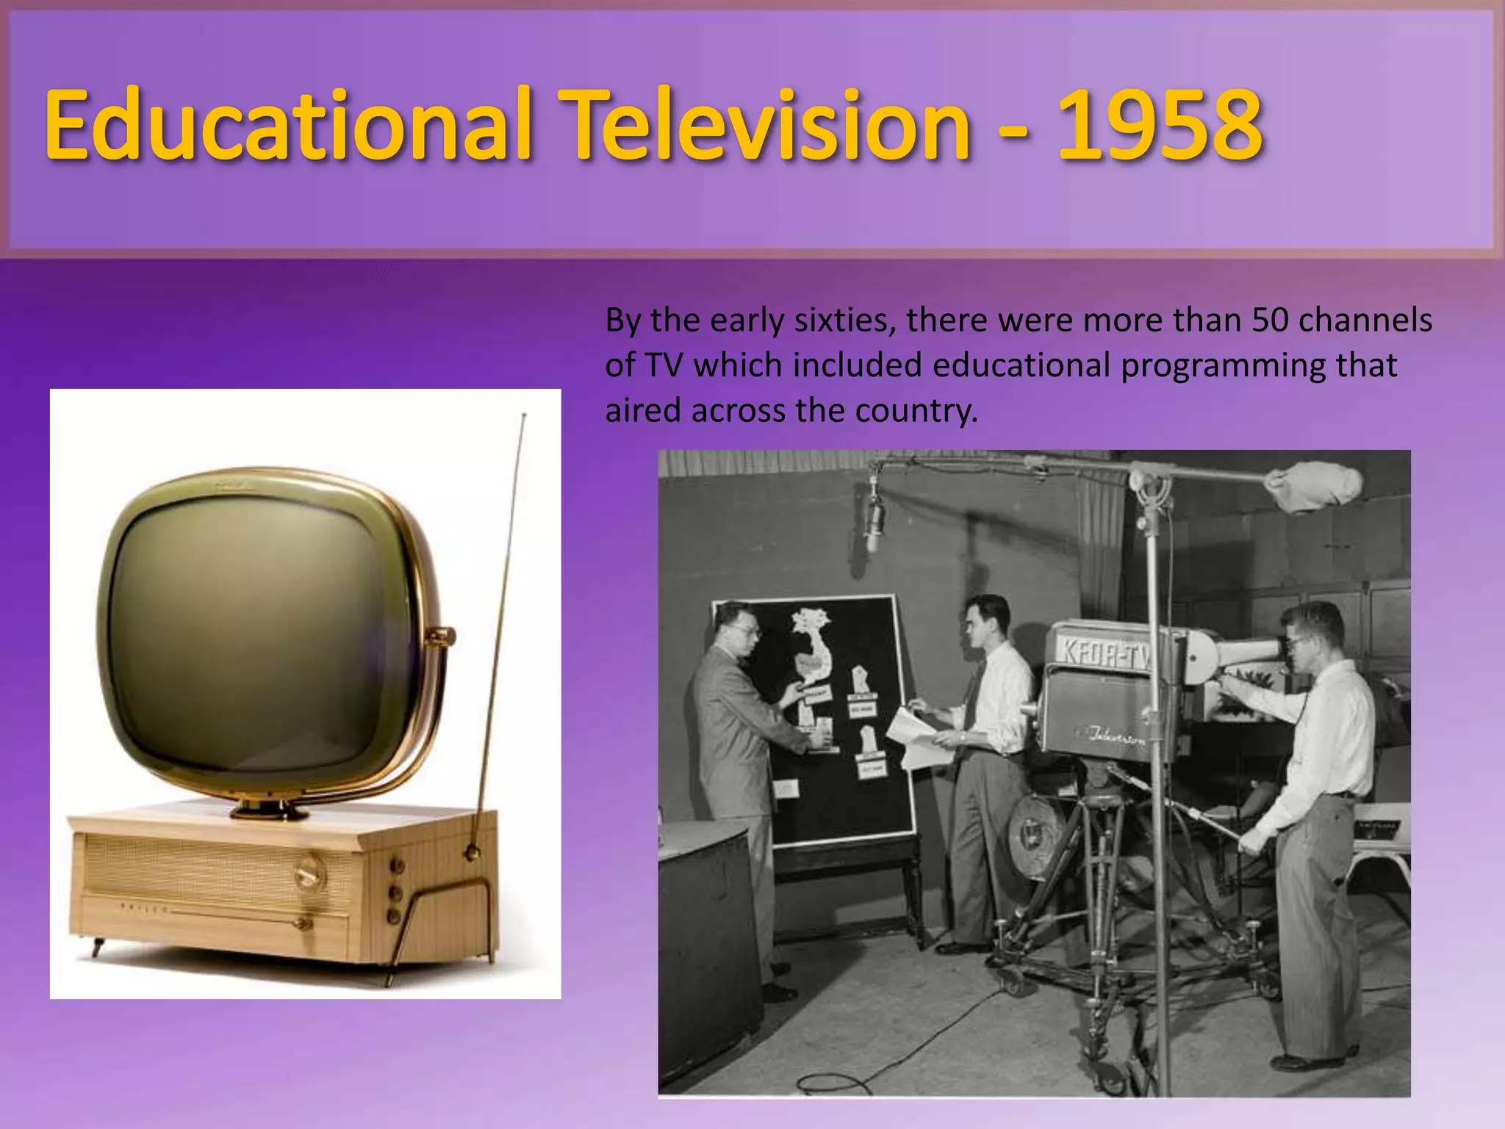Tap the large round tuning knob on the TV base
click(x=309, y=874)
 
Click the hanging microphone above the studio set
click(x=873, y=518)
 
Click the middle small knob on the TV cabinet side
click(x=395, y=892)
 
